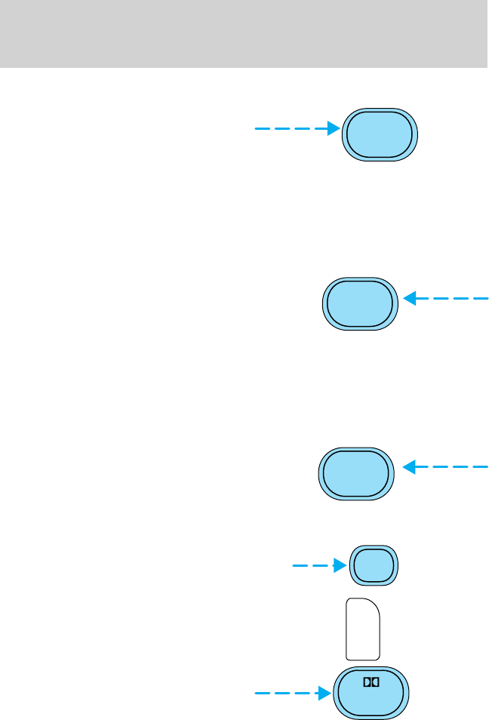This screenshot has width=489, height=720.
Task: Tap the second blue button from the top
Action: click(360, 304)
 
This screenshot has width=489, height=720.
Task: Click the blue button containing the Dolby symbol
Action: click(371, 693)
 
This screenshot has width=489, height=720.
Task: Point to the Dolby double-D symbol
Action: click(371, 682)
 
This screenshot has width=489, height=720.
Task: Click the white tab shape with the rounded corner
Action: click(363, 629)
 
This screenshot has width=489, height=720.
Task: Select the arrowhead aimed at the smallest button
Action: click(340, 564)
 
